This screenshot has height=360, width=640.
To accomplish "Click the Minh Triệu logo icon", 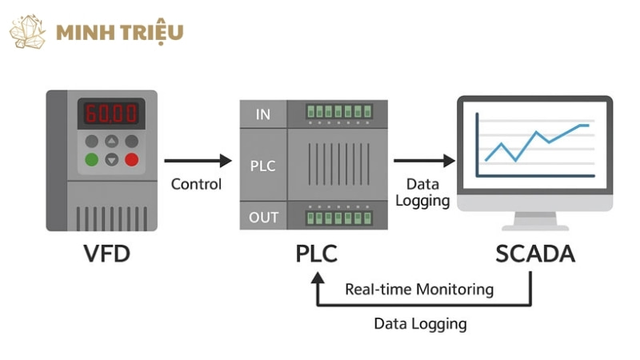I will pyautogui.click(x=27, y=32).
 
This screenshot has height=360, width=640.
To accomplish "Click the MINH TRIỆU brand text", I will pyautogui.click(x=120, y=33).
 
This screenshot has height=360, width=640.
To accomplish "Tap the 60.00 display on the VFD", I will pyautogui.click(x=111, y=113).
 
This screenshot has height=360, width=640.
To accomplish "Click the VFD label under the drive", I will pyautogui.click(x=107, y=254).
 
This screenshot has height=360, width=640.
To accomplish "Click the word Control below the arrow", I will pyautogui.click(x=197, y=185).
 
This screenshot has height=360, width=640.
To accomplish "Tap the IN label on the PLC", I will pyautogui.click(x=263, y=114).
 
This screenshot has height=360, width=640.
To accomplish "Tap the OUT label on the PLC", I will pyautogui.click(x=263, y=217).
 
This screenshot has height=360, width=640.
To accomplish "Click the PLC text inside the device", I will pyautogui.click(x=263, y=166).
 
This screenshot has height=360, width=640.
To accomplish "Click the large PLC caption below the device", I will pyautogui.click(x=317, y=254).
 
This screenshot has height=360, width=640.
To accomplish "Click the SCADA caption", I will pyautogui.click(x=535, y=254).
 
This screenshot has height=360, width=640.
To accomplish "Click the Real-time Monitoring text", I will pyautogui.click(x=419, y=289).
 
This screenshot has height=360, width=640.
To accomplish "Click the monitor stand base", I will pyautogui.click(x=534, y=226).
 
